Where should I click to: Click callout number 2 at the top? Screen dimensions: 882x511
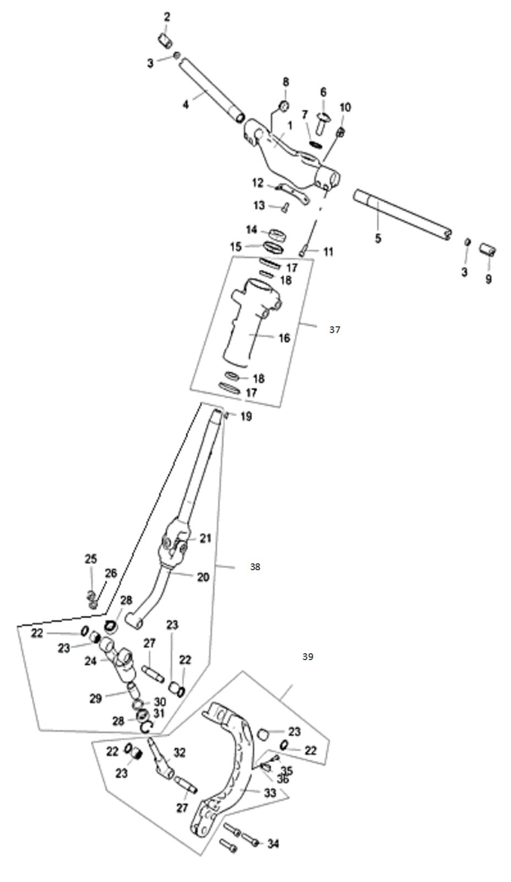[x=166, y=17]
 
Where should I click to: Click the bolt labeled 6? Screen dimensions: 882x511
[x=323, y=119]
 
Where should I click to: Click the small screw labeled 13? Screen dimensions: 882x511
[x=285, y=207]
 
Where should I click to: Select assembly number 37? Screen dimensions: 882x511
[x=335, y=330]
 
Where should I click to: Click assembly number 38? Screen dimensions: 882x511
[x=254, y=567]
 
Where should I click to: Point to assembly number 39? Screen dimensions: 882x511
[x=307, y=657]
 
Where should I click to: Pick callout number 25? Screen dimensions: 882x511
[x=91, y=560]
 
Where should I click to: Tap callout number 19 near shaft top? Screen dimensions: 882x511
[x=246, y=417]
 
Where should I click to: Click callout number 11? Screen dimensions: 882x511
[x=328, y=252]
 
